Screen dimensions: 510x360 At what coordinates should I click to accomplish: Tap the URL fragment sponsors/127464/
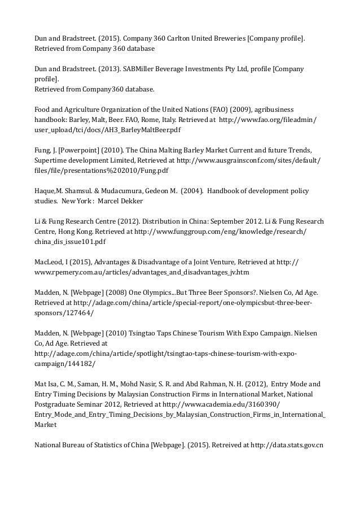63,313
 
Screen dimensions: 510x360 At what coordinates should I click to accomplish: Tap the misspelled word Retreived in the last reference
229,444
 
